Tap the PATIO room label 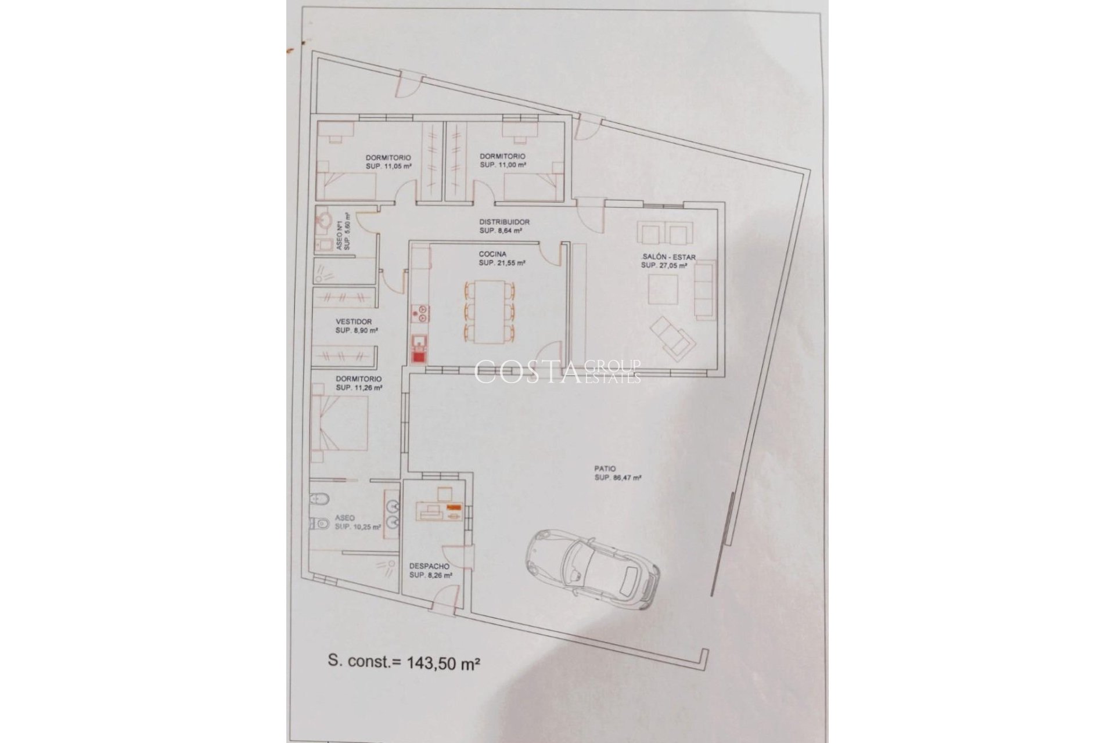click(605, 468)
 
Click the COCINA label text click(492, 254)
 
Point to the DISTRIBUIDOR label click(504, 222)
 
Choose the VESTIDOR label click(354, 322)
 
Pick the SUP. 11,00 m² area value click(503, 165)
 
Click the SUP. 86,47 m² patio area click(618, 478)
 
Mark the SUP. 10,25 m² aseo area click(358, 527)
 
